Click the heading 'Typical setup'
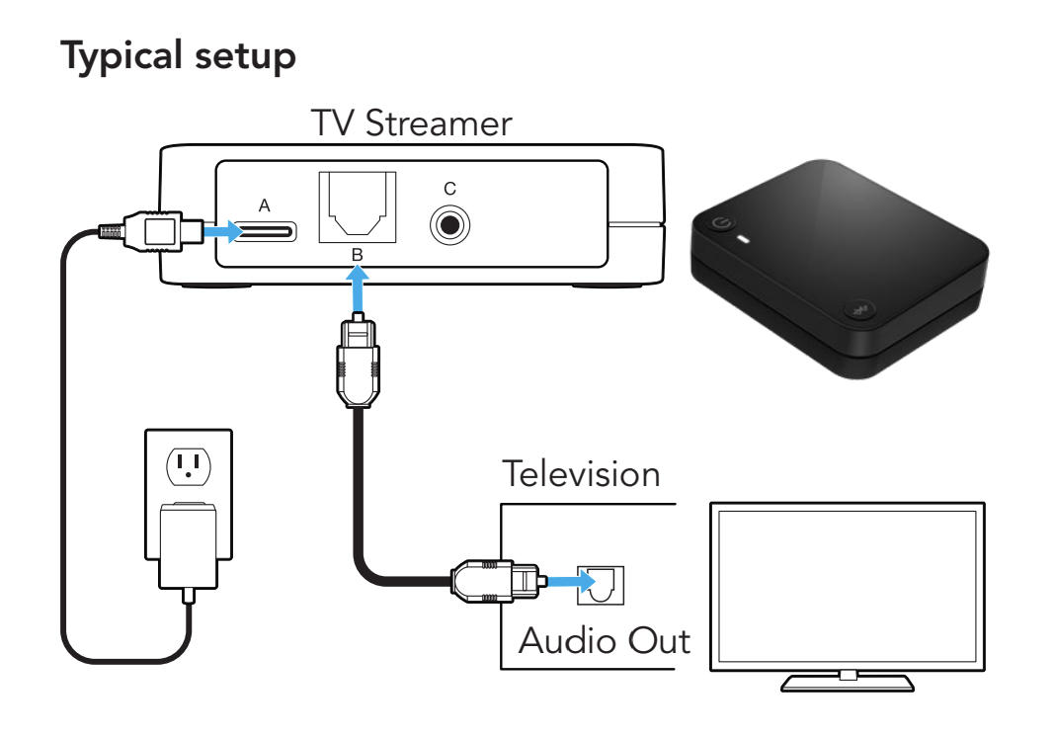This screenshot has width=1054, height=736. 179,57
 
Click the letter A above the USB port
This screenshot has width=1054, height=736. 264,205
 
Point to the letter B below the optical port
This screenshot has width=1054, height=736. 358,255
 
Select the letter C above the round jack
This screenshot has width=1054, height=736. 450,187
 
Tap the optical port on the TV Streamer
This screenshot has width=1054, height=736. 357,206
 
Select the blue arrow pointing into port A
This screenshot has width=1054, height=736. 220,231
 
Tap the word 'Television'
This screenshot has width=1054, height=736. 580,473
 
